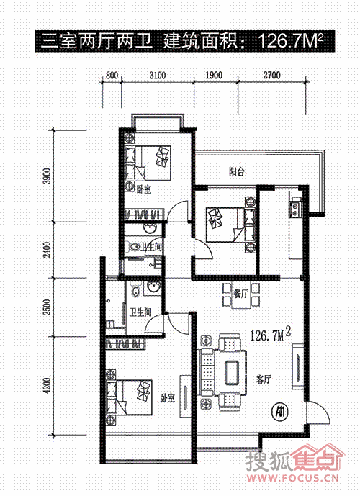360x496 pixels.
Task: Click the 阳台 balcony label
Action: (237, 172)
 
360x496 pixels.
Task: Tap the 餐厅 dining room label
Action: (241, 294)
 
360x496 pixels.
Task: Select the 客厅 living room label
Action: (264, 379)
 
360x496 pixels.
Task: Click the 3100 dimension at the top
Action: (158, 76)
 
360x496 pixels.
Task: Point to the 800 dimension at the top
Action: (112, 76)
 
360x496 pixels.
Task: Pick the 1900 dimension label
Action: (214, 76)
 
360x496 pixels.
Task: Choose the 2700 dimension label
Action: (271, 76)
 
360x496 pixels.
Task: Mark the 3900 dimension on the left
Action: (47, 176)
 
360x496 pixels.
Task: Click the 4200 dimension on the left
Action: (47, 385)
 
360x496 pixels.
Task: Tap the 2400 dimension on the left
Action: (47, 250)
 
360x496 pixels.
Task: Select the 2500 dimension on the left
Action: (47, 307)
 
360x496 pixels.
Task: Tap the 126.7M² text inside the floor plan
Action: (271, 334)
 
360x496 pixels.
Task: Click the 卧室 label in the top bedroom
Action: (144, 190)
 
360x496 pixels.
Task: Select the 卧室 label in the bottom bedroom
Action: (167, 397)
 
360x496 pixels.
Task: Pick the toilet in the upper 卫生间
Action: (135, 247)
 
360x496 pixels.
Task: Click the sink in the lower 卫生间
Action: (154, 287)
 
